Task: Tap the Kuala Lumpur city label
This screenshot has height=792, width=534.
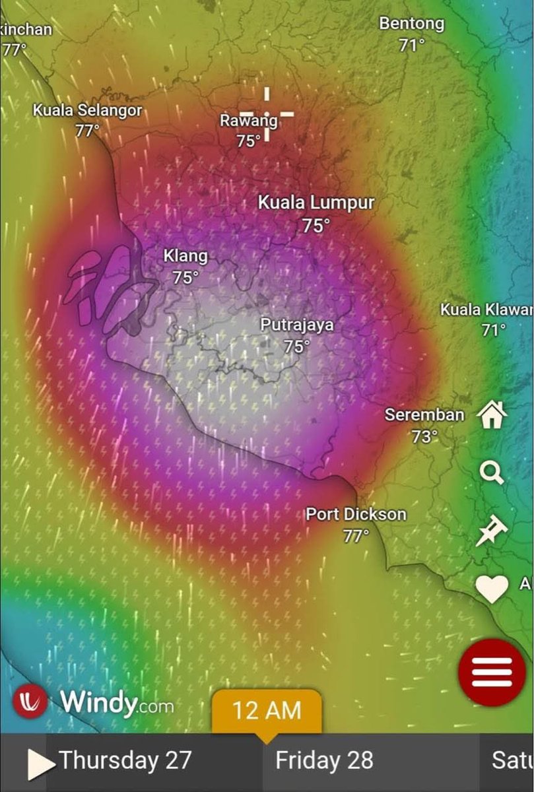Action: [316, 203]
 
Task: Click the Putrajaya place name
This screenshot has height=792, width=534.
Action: [296, 325]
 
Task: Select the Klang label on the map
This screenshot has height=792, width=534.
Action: [185, 256]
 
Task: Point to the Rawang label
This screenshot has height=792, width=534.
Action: [248, 121]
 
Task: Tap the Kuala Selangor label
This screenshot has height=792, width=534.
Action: [87, 110]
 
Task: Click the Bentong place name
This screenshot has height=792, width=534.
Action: [411, 24]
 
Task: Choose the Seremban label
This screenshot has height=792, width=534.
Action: [424, 415]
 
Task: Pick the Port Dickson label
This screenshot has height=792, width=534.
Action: [356, 514]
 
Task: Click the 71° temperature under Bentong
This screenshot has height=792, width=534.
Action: [411, 45]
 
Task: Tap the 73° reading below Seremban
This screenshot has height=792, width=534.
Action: [424, 436]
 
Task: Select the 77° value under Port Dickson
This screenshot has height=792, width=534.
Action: [356, 535]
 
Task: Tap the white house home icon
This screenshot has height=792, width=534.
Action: [492, 416]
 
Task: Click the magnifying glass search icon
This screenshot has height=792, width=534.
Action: [492, 473]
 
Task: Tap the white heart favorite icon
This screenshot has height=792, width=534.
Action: [492, 588]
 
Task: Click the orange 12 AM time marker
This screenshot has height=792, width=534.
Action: [266, 711]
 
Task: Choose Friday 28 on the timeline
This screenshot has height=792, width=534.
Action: [324, 760]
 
